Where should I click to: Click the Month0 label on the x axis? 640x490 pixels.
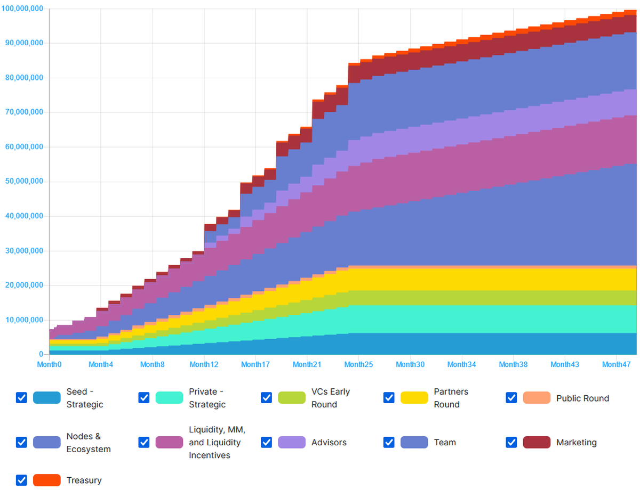[49, 365]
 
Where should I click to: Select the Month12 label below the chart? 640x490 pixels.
[204, 365]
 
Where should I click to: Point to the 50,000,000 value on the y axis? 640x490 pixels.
[25, 182]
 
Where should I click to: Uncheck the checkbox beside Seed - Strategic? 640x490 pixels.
[21, 398]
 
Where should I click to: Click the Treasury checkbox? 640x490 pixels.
[21, 480]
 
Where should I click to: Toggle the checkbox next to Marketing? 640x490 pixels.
[511, 442]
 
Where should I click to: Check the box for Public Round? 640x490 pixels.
[511, 398]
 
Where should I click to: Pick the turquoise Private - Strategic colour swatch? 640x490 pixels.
[169, 398]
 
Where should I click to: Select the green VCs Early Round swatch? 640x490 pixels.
[292, 398]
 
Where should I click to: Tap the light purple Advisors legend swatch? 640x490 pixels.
[292, 442]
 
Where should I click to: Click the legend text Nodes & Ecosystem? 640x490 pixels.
[89, 443]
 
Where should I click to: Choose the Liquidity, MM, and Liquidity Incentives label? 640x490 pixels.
[217, 443]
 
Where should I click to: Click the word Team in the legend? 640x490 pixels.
[445, 443]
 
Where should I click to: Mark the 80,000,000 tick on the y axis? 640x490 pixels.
[25, 78]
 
